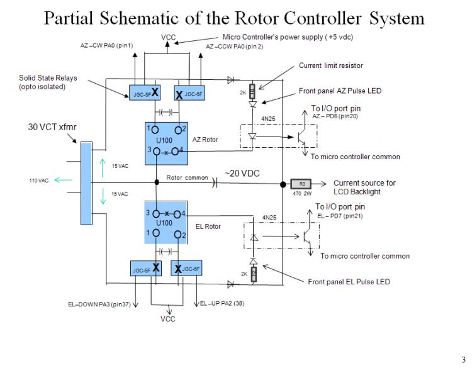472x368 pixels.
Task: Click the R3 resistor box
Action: click(x=302, y=184)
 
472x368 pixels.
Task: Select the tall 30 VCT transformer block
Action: click(x=86, y=182)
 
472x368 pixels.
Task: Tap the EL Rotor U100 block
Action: click(x=167, y=223)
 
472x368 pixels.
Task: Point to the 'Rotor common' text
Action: click(x=187, y=178)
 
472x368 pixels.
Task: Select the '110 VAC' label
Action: click(x=38, y=181)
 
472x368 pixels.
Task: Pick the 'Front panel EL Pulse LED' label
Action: click(x=349, y=282)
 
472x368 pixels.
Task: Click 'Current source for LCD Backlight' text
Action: click(x=364, y=187)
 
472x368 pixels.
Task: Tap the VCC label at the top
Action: click(x=168, y=38)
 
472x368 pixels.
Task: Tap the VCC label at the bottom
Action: click(x=168, y=319)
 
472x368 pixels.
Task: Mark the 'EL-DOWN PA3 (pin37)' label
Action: click(x=100, y=304)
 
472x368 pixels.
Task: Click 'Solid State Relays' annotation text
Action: click(x=47, y=77)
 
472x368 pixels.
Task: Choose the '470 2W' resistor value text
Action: click(x=302, y=194)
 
